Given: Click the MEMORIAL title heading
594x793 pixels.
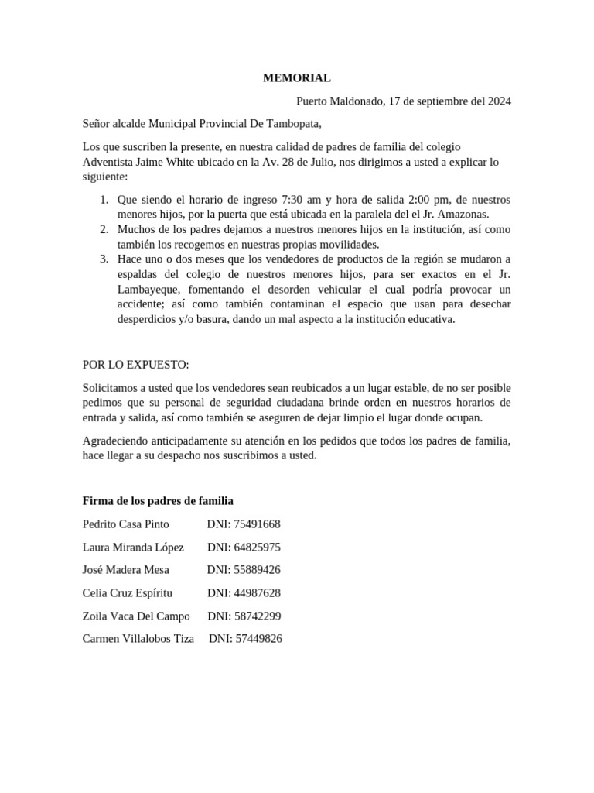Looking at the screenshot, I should tap(296, 77).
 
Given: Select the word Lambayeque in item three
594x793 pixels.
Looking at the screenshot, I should tap(148, 289).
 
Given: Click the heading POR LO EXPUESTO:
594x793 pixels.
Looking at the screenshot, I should tap(135, 365).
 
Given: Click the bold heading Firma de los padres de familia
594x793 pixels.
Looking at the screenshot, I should tap(158, 501).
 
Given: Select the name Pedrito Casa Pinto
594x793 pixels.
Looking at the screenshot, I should tap(125, 524).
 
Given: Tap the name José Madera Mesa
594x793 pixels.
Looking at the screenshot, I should tap(125, 570).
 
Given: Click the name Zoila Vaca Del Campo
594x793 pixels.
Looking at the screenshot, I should tap(136, 616).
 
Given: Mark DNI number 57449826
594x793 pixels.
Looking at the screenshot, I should tap(258, 639).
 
